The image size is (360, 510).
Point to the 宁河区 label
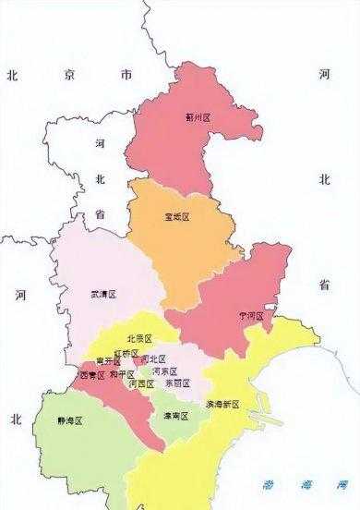[250, 316]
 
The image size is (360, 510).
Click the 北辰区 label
[139, 339]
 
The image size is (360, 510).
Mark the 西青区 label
[92, 376]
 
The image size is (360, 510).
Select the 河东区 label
[163, 370]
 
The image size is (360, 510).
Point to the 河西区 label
[141, 382]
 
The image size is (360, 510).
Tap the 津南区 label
[175, 417]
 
